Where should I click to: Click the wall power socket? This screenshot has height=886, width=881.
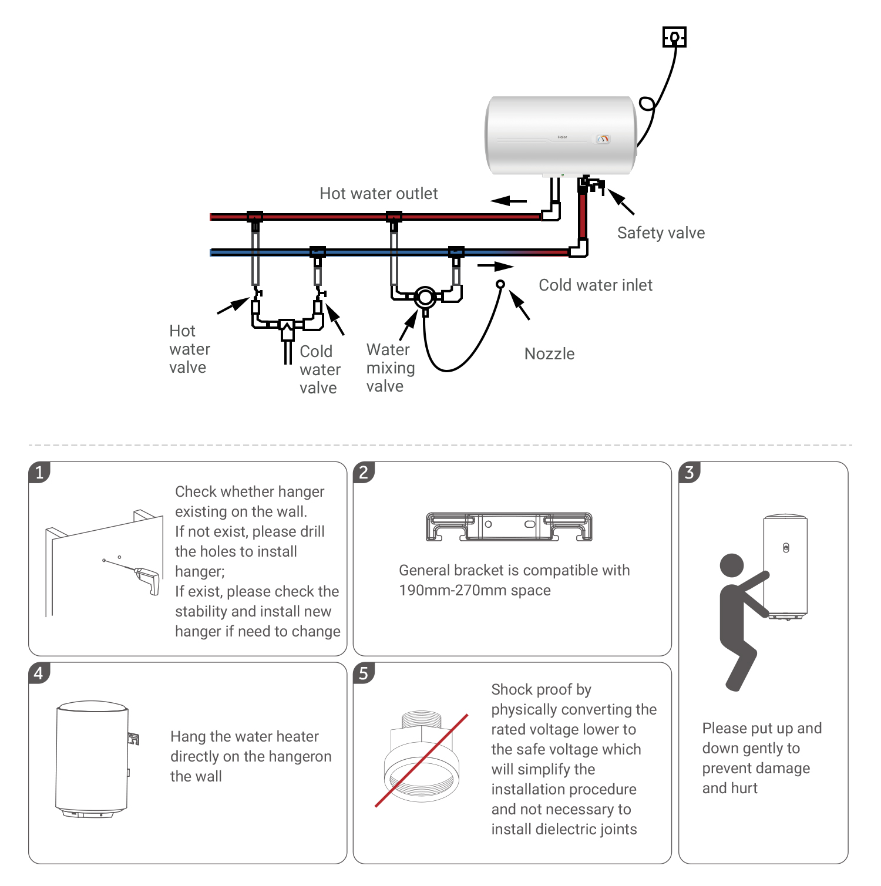pos(674,37)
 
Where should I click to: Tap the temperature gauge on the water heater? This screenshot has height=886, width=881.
pos(603,139)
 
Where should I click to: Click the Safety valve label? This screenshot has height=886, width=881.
pos(661,233)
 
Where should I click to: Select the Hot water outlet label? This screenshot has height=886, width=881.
pos(379,194)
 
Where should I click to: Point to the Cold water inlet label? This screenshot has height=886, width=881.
pos(596,285)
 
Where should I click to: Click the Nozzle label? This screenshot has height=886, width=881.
pos(549,354)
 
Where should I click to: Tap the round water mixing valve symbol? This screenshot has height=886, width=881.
pos(425,298)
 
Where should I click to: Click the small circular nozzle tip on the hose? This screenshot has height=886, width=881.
pos(500,284)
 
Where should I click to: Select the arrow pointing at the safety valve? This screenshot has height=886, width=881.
pos(621,201)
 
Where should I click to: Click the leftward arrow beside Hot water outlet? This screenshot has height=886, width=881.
pos(509,201)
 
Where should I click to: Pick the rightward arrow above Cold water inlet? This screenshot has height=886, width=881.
pos(496,267)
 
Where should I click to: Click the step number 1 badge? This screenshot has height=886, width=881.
pos(39,472)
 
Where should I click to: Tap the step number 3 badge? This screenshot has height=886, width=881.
pos(690,472)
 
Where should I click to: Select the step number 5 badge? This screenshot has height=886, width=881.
pos(364,673)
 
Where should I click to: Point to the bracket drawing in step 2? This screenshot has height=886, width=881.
pos(509,527)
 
